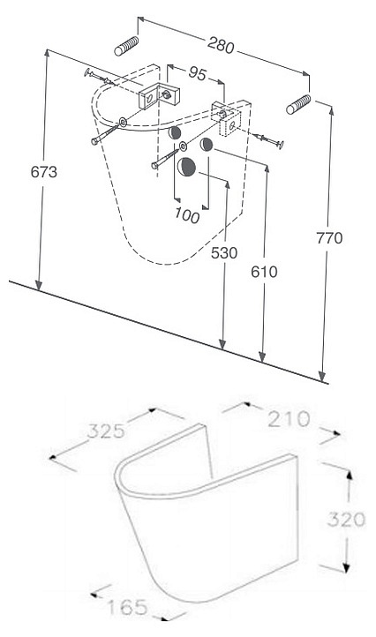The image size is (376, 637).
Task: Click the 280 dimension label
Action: (x=221, y=45)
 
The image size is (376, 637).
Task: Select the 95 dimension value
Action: (x=197, y=74)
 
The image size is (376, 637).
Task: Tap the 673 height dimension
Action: (x=44, y=172)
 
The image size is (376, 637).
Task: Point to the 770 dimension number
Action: (x=329, y=238)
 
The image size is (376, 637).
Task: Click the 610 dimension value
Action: (x=264, y=272)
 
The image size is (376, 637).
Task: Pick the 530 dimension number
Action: (x=224, y=252)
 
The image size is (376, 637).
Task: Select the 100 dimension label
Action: (x=187, y=215)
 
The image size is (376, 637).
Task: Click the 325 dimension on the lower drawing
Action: (x=106, y=431)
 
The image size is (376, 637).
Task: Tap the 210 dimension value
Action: (x=289, y=419)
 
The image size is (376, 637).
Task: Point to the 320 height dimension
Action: (x=346, y=519)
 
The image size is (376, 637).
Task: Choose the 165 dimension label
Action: (x=127, y=607)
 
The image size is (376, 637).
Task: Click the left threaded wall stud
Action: (x=126, y=46)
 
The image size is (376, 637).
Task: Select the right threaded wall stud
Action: (x=298, y=104)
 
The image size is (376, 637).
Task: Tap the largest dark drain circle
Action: (x=186, y=166)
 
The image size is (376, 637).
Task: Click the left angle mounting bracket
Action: (x=160, y=96)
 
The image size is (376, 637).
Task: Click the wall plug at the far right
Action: (x=268, y=140)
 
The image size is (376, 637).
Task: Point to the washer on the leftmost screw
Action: (x=123, y=122)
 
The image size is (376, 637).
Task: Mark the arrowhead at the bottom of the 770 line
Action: (x=322, y=376)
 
